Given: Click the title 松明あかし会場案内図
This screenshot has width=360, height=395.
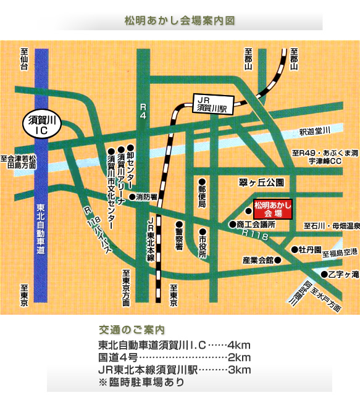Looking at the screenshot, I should click(180, 20).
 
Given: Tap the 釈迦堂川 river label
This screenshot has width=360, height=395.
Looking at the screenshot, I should click(315, 130).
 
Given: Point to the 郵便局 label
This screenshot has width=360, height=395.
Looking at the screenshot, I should click(202, 195).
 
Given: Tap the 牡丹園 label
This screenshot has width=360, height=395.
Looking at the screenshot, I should click(309, 250).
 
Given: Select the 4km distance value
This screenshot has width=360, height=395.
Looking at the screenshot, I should click(239, 345).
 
